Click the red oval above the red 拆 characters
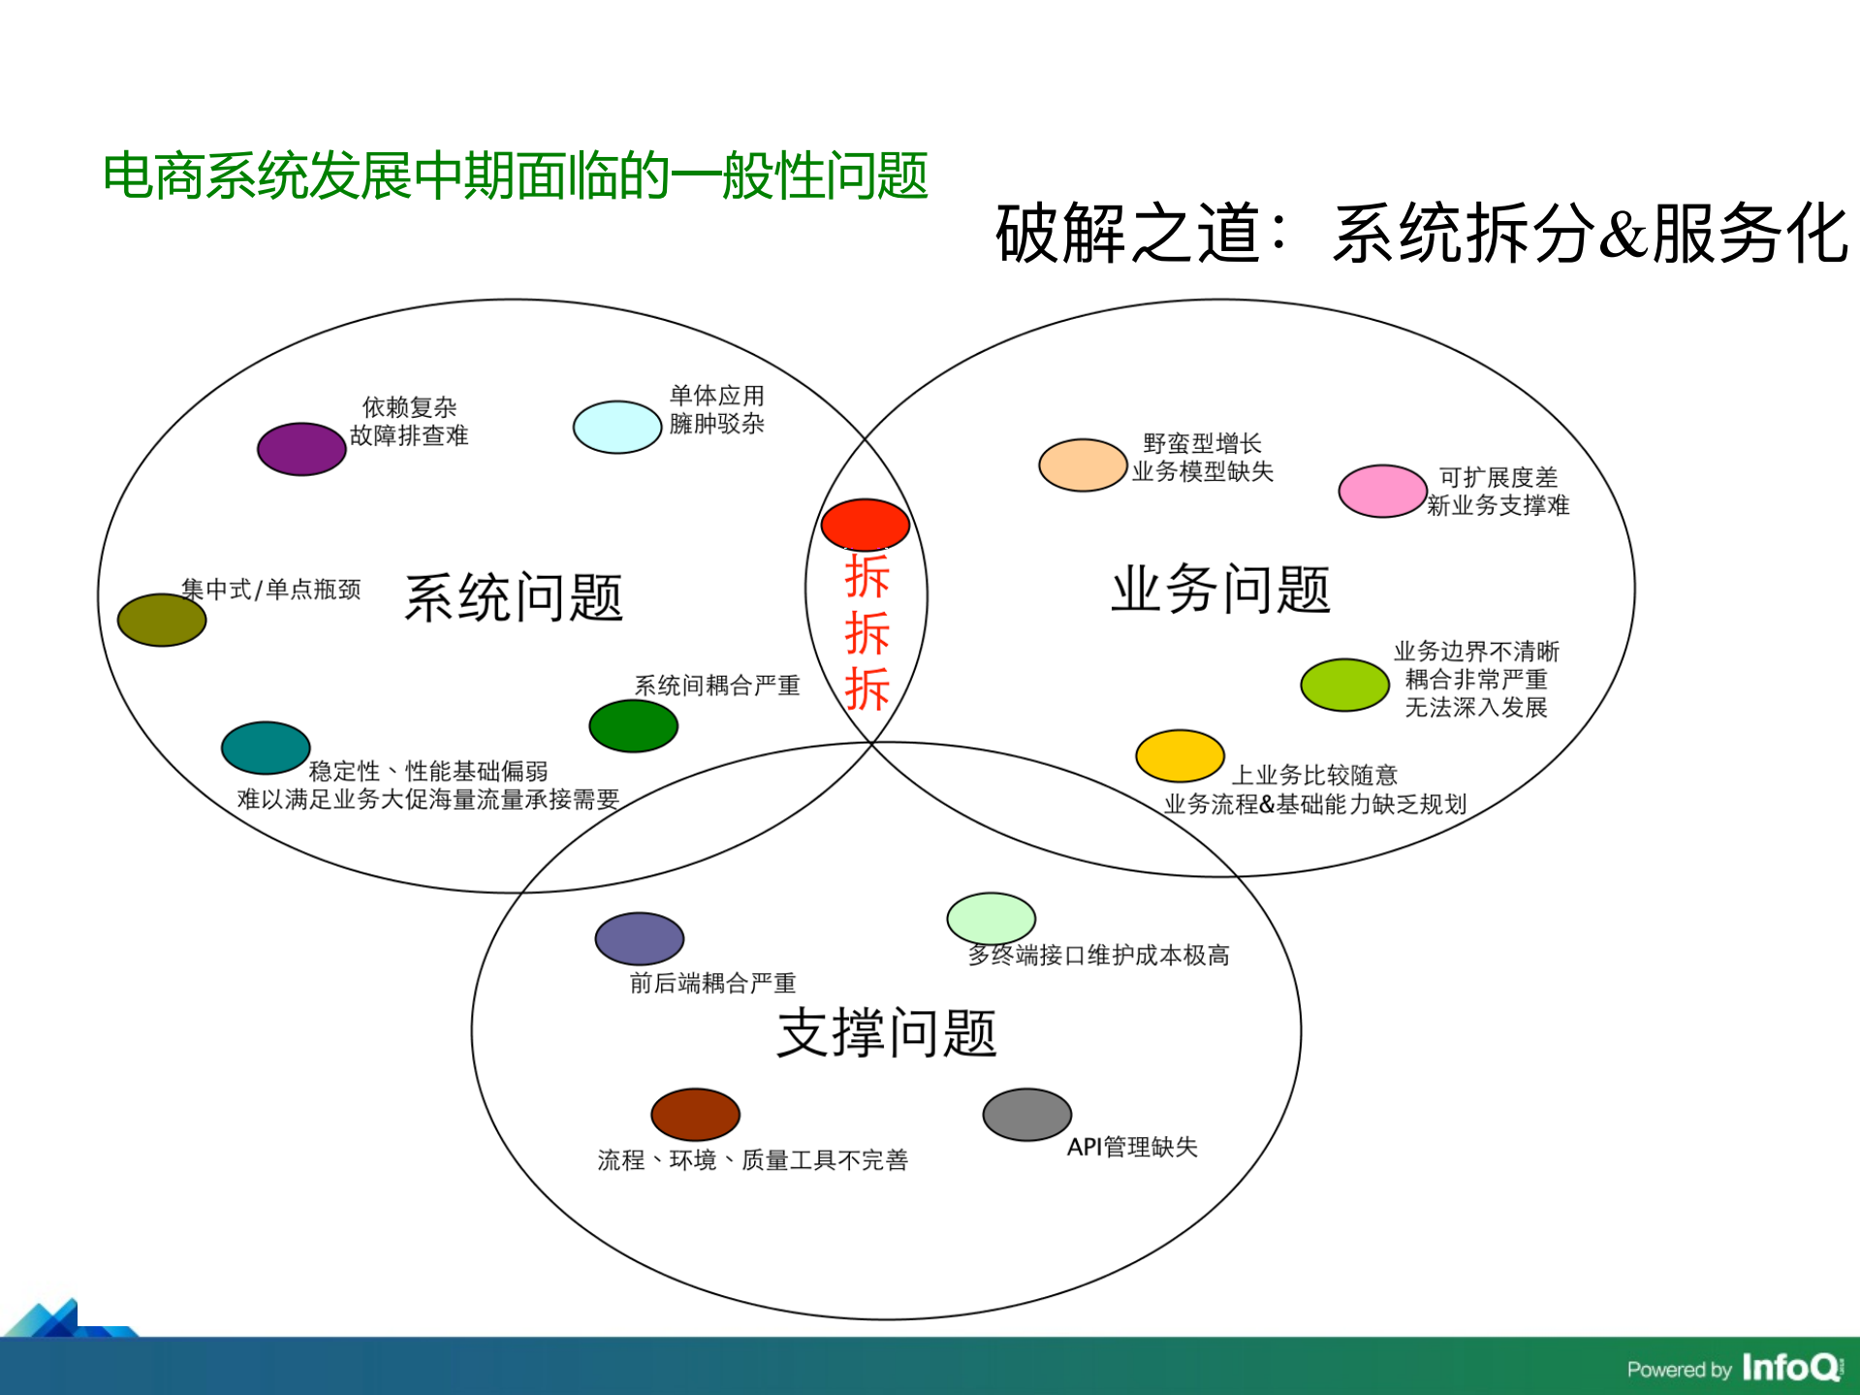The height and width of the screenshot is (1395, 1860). pyautogui.click(x=865, y=524)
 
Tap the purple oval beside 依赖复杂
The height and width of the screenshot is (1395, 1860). pyautogui.click(x=301, y=449)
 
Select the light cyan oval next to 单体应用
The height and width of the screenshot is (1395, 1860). pyautogui.click(x=616, y=427)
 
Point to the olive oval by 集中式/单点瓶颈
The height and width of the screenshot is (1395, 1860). pyautogui.click(x=162, y=619)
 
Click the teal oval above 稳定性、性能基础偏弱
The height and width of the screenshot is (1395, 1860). pyautogui.click(x=266, y=747)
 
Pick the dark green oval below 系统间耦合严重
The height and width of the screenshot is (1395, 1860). pyautogui.click(x=633, y=726)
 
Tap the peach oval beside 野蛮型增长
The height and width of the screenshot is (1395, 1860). pyautogui.click(x=1083, y=465)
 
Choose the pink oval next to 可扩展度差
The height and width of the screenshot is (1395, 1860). pyautogui.click(x=1382, y=491)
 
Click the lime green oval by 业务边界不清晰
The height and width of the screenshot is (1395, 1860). pyautogui.click(x=1344, y=684)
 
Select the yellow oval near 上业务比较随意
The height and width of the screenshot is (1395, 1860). pyautogui.click(x=1180, y=756)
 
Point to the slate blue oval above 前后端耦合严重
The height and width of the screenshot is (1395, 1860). pyautogui.click(x=640, y=938)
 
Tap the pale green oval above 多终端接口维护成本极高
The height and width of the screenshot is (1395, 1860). pyautogui.click(x=991, y=917)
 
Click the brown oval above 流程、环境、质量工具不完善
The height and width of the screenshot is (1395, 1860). pyautogui.click(x=695, y=1114)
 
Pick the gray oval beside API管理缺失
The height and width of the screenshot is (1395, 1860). pyautogui.click(x=1026, y=1115)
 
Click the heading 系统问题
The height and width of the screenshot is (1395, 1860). pyautogui.click(x=514, y=597)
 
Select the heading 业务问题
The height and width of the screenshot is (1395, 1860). pyautogui.click(x=1220, y=589)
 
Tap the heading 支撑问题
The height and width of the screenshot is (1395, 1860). pyautogui.click(x=886, y=1032)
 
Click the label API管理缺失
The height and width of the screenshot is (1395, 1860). pyautogui.click(x=1132, y=1147)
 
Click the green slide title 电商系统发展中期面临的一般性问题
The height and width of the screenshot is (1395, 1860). pyautogui.click(x=516, y=176)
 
